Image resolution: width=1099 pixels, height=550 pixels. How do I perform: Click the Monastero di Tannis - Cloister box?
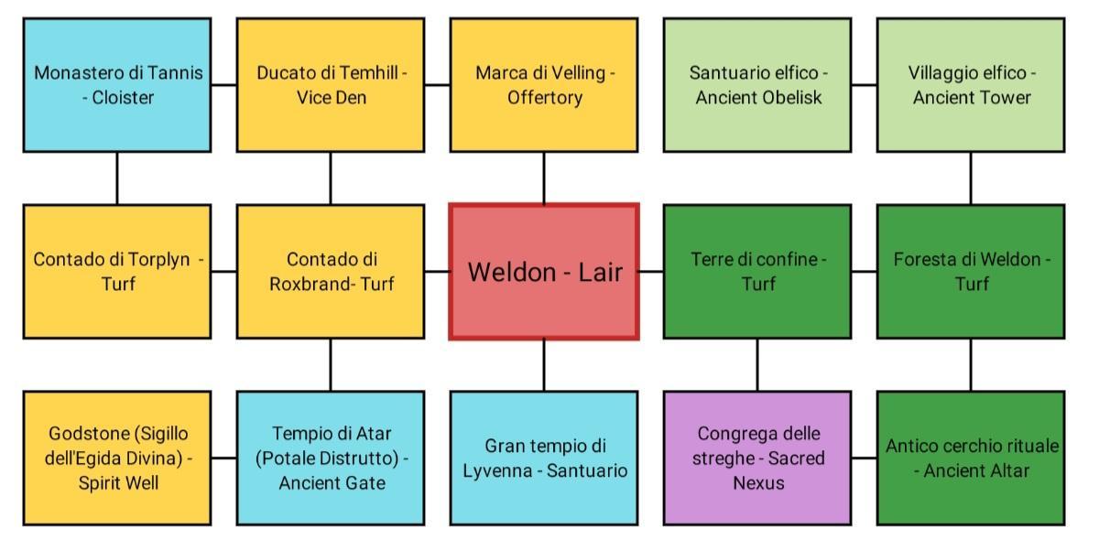pos(117,85)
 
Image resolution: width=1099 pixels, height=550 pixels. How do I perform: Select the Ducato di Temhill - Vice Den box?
pos(331,85)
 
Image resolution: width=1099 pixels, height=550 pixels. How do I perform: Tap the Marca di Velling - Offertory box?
pos(544,85)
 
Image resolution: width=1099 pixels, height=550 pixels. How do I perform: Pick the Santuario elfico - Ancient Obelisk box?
pos(757,85)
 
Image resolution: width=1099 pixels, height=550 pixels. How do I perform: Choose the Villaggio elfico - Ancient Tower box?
pos(971,85)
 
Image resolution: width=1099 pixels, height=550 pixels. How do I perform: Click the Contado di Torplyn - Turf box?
pos(117,272)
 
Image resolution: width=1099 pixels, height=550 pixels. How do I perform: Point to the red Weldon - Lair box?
pos(544,272)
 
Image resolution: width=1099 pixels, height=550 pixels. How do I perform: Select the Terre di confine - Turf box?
pos(757,272)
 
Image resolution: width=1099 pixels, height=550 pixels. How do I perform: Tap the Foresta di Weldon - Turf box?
pos(971,272)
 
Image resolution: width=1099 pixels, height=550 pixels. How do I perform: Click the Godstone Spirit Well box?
pos(117,458)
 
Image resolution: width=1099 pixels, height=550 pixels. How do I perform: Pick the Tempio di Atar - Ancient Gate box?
pos(331,458)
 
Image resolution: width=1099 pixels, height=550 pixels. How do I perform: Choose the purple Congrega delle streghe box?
pos(757,458)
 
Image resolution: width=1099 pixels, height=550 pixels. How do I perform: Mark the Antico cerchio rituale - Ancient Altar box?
pos(971,458)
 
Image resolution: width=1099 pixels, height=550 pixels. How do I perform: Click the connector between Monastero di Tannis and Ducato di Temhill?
pos(224,85)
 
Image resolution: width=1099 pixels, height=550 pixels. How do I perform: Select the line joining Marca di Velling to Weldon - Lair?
pos(544,178)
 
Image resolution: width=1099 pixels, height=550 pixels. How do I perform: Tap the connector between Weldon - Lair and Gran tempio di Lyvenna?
pos(544,365)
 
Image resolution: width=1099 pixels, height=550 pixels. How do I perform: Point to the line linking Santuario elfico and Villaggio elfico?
pos(865,85)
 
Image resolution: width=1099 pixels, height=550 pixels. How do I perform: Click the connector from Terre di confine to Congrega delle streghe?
pos(757,365)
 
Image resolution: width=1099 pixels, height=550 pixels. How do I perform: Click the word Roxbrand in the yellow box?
pos(310,284)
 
